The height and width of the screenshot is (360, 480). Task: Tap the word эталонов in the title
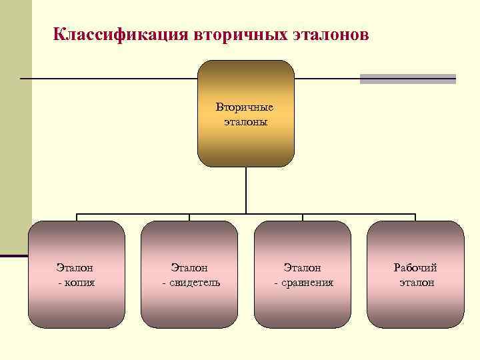330,34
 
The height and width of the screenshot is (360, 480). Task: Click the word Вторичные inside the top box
245,107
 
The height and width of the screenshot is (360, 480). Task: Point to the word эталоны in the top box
245,122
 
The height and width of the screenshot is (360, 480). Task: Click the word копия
78,283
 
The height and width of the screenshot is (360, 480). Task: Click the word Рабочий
415,268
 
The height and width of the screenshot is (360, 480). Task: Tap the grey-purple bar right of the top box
408,79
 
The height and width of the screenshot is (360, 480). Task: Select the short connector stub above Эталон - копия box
77,217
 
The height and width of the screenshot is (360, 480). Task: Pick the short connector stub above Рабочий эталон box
415,217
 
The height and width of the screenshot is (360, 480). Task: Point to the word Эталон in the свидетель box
189,268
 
